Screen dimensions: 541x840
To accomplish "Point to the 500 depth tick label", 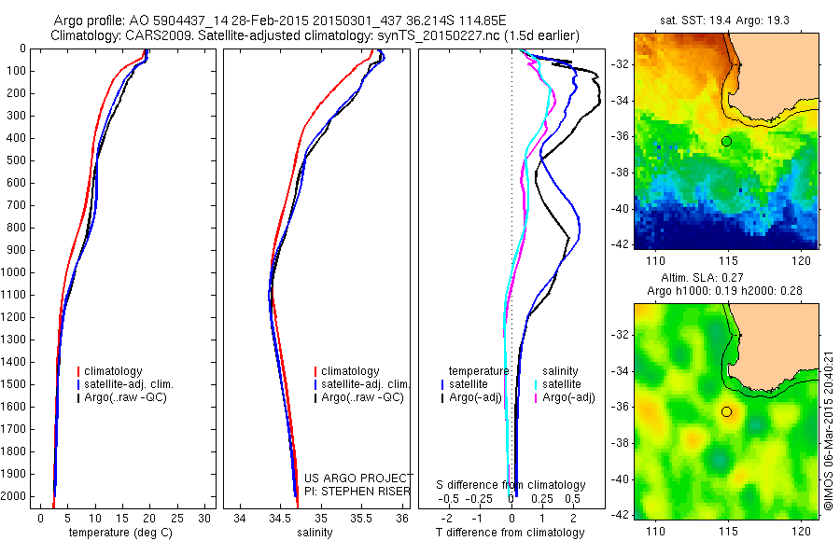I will pyautogui.click(x=16, y=160).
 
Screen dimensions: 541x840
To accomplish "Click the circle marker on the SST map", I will pyautogui.click(x=726, y=141).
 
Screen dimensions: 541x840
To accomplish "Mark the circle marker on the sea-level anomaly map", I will pyautogui.click(x=726, y=411).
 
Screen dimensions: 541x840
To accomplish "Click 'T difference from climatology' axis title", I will pyautogui.click(x=511, y=533).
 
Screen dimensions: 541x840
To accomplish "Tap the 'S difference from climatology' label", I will pyautogui.click(x=511, y=485).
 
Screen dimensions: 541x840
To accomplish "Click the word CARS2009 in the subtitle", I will pyautogui.click(x=149, y=35).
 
